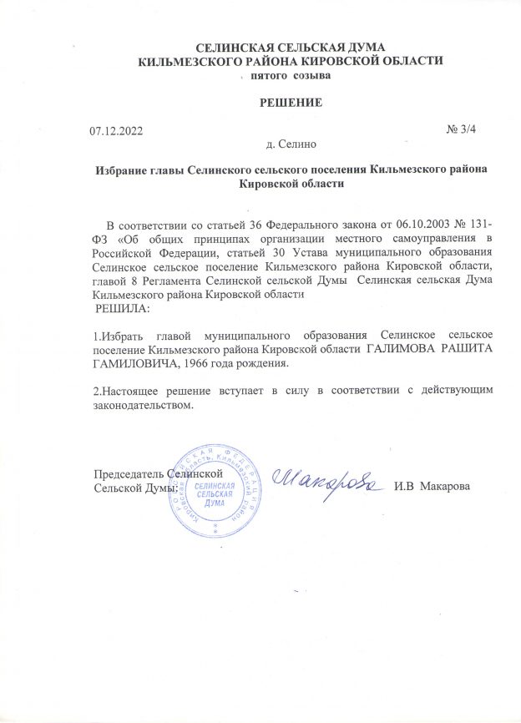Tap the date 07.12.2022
(x=117, y=131)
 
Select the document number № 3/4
(x=461, y=129)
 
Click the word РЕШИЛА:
(x=122, y=310)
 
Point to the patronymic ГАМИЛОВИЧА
(x=135, y=365)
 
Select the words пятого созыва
(x=290, y=76)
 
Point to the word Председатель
(x=129, y=473)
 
